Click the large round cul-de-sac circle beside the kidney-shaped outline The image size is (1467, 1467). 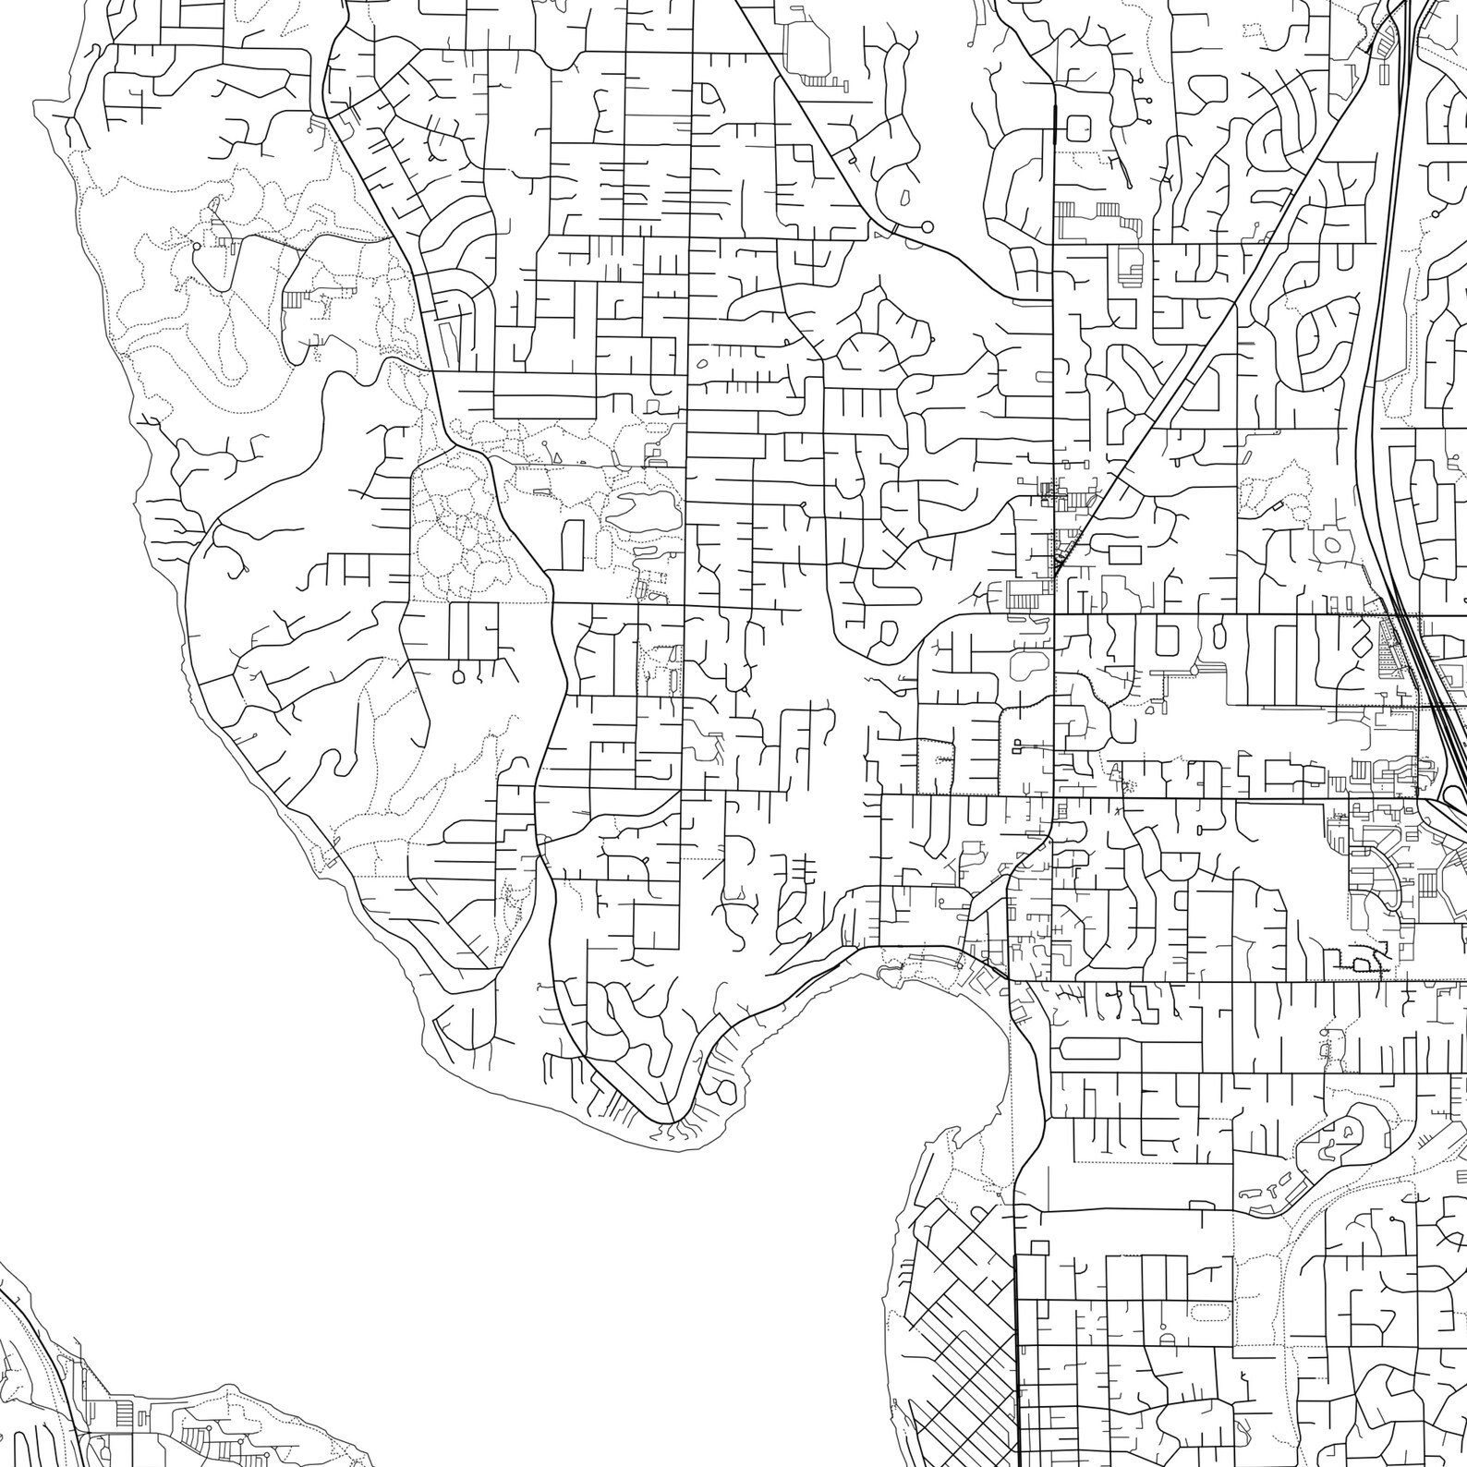tap(927, 226)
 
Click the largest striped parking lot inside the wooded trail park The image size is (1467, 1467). tap(293, 300)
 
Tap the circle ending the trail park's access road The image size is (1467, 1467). tap(196, 248)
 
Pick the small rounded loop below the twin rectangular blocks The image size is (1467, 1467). tap(459, 676)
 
